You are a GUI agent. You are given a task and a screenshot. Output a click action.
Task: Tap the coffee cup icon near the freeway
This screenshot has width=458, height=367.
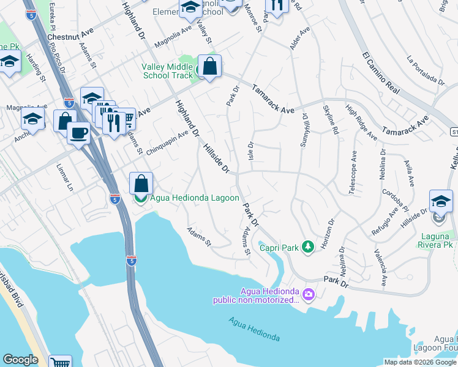(79, 133)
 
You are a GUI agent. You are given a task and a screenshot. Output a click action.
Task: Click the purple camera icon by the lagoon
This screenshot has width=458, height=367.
(309, 295)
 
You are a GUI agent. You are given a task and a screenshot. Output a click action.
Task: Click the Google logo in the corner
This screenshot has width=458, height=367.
(20, 360)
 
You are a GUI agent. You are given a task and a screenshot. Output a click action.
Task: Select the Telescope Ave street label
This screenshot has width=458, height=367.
(353, 173)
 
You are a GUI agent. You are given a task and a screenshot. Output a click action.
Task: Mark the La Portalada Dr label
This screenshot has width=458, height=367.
(426, 70)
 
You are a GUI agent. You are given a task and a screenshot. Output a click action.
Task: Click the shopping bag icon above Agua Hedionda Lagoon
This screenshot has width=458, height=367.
(141, 183)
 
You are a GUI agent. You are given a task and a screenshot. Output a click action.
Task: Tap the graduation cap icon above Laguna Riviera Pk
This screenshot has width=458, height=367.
(441, 201)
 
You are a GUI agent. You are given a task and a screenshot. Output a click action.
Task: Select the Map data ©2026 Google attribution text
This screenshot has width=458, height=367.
(420, 361)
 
